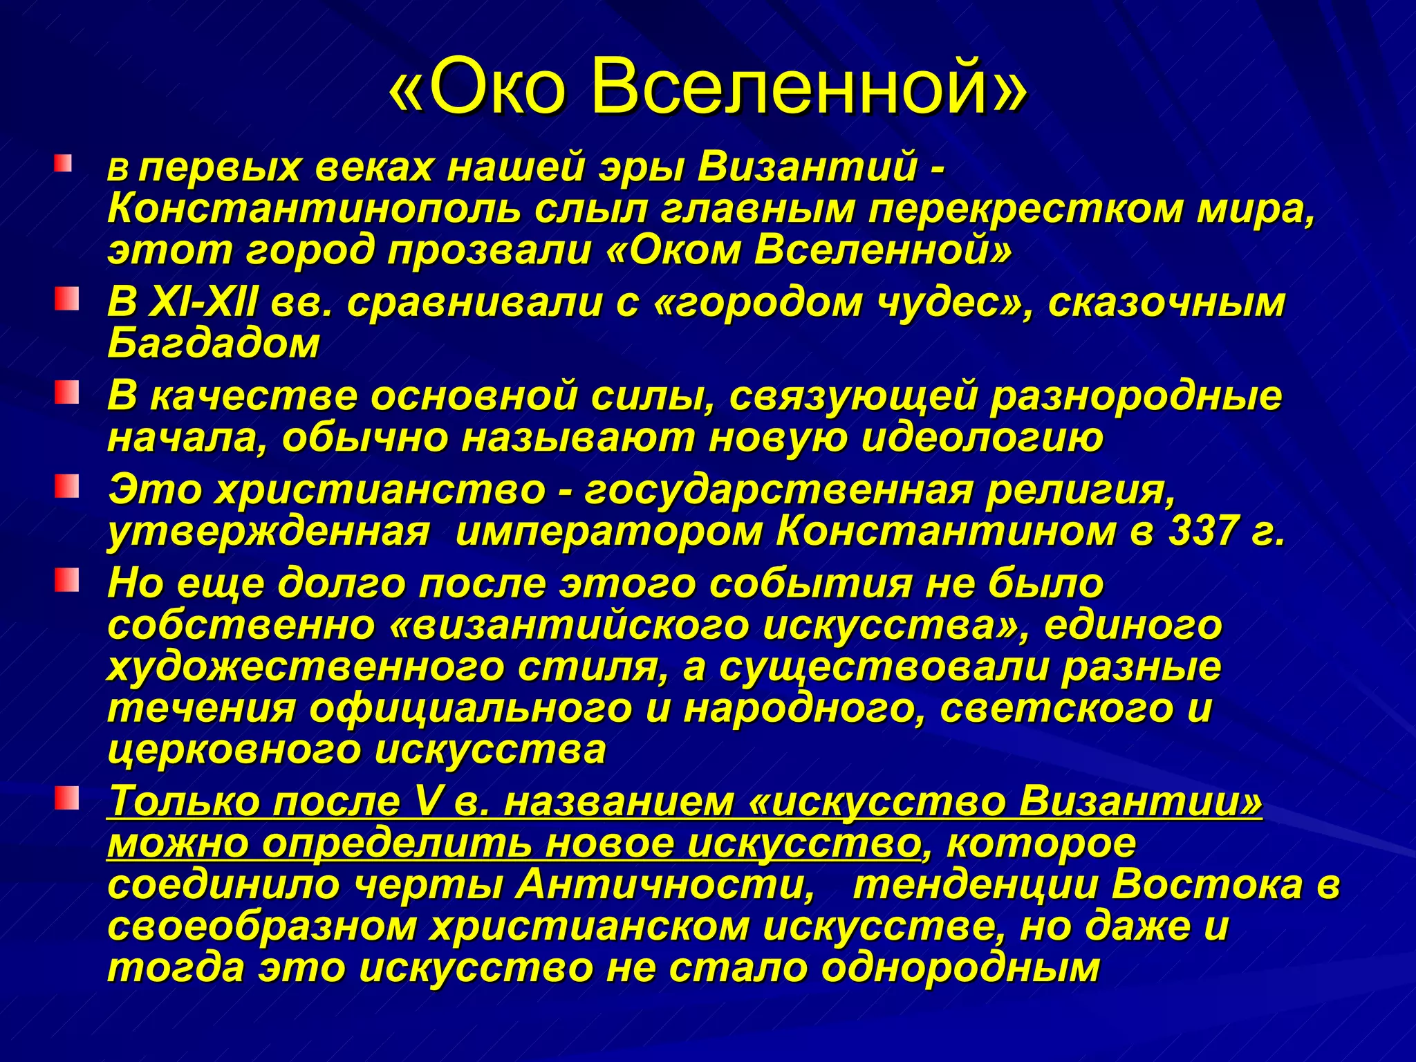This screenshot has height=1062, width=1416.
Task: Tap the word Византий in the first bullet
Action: [808, 168]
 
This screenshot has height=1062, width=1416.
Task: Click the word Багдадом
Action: [214, 344]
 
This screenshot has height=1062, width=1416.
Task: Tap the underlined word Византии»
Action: [1140, 803]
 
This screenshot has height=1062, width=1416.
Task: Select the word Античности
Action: [664, 886]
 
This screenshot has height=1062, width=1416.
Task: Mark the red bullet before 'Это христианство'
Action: [67, 487]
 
